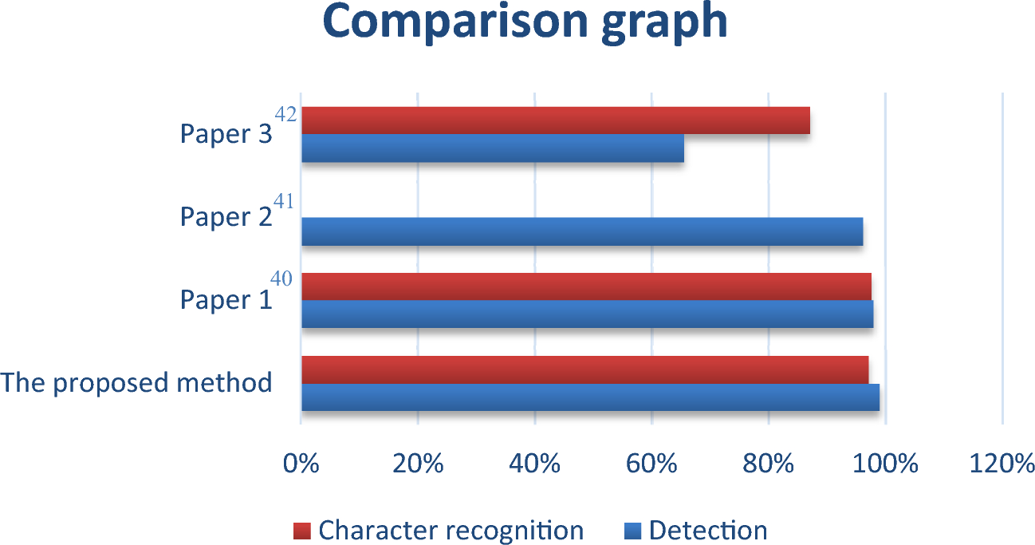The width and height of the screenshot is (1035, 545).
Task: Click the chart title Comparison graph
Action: coord(525,22)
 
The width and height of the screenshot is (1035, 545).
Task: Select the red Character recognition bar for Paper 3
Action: coord(556,120)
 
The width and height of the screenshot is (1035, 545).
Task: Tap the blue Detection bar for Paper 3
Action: coord(493,148)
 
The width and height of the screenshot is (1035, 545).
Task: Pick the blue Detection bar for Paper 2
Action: coord(582,231)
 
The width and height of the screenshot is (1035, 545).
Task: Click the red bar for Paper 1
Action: coord(586,286)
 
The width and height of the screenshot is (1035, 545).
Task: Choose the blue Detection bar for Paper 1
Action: coord(587,314)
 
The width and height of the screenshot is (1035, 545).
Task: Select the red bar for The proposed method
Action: coord(584,369)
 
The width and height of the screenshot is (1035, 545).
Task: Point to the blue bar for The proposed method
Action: coord(590,397)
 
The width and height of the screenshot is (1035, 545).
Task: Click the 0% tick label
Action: coord(301,464)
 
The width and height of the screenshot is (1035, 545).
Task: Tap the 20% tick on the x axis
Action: coord(418,464)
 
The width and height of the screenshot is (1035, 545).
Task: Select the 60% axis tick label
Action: coord(651,464)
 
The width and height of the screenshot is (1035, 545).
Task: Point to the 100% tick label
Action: coord(885,464)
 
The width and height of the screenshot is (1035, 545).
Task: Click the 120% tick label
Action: coord(1002,464)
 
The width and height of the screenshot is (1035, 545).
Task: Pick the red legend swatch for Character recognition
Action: coord(301,531)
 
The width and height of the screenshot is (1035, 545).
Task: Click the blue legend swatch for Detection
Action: coord(633,531)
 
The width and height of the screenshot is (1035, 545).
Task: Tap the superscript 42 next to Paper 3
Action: coord(285,114)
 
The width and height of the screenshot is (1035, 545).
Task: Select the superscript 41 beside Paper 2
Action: coord(283,202)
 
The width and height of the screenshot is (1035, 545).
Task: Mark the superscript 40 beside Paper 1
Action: coord(281,278)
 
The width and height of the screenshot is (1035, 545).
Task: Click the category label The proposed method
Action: coord(136,383)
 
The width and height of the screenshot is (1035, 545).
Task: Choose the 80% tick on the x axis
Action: coord(768,464)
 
